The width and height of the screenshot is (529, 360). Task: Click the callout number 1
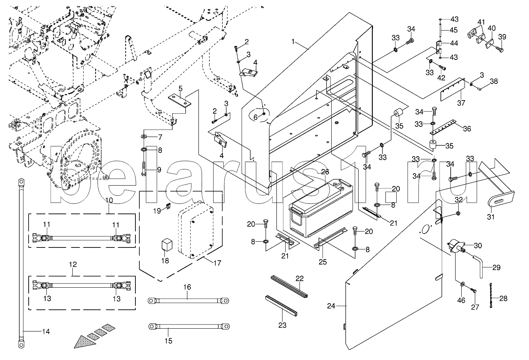pyautogui.click(x=293, y=42)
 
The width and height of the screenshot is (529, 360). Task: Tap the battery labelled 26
pyautogui.click(x=321, y=208)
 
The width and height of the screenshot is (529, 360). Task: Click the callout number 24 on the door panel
pyautogui.click(x=331, y=306)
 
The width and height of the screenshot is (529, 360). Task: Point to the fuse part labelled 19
pyautogui.click(x=169, y=206)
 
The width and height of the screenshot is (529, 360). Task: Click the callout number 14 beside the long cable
pyautogui.click(x=46, y=331)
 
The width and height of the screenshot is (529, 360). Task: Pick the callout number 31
pyautogui.click(x=491, y=217)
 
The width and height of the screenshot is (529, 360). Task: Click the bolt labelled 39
pyautogui.click(x=498, y=49)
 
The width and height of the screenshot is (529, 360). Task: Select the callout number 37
pyautogui.click(x=461, y=103)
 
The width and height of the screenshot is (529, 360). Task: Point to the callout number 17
pyautogui.click(x=217, y=263)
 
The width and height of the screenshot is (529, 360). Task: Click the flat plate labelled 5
pyautogui.click(x=180, y=101)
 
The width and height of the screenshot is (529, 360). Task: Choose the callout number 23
pyautogui.click(x=282, y=325)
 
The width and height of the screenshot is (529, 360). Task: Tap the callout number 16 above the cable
pyautogui.click(x=187, y=287)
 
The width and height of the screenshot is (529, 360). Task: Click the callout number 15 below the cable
pyautogui.click(x=168, y=341)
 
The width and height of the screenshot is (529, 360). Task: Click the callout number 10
pyautogui.click(x=109, y=200)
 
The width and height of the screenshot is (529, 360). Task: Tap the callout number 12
pyautogui.click(x=73, y=264)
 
